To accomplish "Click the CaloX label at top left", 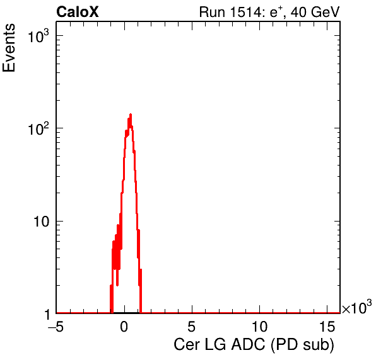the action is [x=78, y=12].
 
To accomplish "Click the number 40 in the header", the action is [x=299, y=12].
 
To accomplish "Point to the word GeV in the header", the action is [x=326, y=12].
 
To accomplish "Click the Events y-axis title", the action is [x=9, y=48].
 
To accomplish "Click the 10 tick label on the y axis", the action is [x=41, y=222].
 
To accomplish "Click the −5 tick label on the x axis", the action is [x=56, y=326].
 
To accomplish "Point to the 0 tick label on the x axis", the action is [x=124, y=326].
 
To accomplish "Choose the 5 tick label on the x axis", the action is [x=192, y=326].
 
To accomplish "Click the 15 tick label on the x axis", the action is [x=327, y=326].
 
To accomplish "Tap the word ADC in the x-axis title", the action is [x=248, y=345].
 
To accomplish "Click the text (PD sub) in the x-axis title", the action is [x=303, y=346].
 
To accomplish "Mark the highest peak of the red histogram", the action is [x=131, y=115].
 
